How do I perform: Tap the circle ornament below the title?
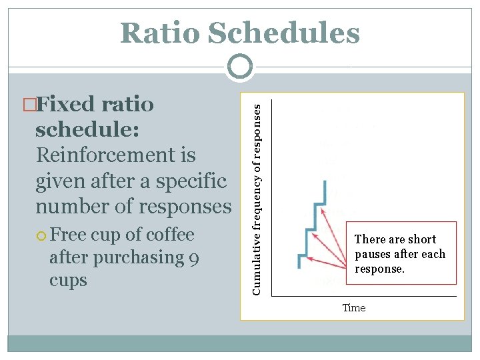[x=239, y=67]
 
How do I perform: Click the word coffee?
[x=169, y=235]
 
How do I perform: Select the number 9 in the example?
[x=193, y=258]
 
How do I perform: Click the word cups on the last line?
[x=68, y=280]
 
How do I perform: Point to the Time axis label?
[x=353, y=308]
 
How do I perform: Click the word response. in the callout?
[x=379, y=269]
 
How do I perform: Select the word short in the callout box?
[x=421, y=239]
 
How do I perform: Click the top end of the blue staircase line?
[x=324, y=181]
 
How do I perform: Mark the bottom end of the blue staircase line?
[x=299, y=267]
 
